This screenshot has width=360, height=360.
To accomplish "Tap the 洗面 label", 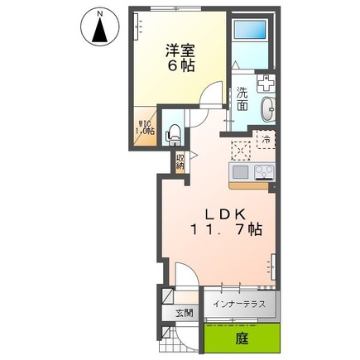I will pyautogui.click(x=242, y=99).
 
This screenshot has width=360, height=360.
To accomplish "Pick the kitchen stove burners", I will pyautogui.click(x=264, y=172).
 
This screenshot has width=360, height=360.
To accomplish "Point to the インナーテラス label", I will pyautogui.click(x=239, y=305).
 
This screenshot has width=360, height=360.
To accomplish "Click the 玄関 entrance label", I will pyautogui.click(x=184, y=313).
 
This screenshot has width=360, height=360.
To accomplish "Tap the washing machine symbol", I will pyautogui.click(x=267, y=84).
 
